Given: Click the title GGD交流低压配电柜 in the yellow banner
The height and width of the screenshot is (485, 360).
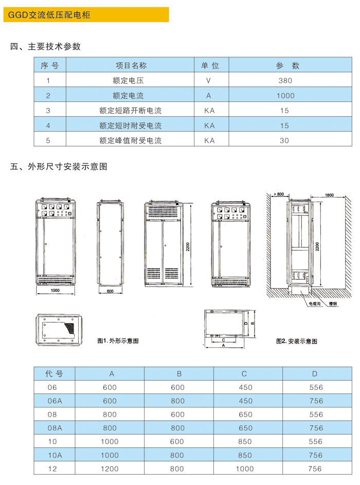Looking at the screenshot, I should point(49,15).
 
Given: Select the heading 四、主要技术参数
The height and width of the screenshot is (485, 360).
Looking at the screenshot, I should point(46,47).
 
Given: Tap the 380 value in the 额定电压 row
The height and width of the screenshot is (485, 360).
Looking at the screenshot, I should point(285,81).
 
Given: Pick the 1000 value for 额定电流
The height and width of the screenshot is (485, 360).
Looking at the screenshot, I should point(285,96).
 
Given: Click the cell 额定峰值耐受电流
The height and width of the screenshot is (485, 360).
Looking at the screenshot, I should point(130,140).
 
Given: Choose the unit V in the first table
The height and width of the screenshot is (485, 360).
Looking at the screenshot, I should point(208,81).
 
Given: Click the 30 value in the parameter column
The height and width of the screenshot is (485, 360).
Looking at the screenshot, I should point(284,140).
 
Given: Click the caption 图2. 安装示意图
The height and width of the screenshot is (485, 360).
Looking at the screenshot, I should point(296,341).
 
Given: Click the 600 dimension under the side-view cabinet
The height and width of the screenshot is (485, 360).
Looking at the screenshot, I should point(110,291).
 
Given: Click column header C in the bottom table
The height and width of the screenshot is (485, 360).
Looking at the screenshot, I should point(244,374).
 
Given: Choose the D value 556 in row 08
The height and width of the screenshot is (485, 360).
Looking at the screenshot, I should point(316,415).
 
